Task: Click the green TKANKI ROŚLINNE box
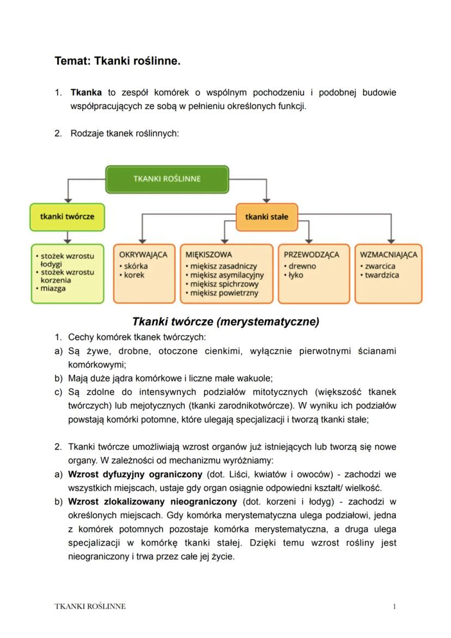[167, 179]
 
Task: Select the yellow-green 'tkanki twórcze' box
[67, 216]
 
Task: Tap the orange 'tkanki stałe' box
[266, 216]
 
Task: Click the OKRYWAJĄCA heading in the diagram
[143, 254]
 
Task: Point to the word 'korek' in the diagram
[134, 275]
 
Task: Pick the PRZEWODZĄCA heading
[312, 254]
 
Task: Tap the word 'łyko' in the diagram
[296, 275]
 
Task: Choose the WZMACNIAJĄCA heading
[388, 254]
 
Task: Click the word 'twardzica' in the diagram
[382, 275]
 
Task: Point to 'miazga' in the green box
[53, 288]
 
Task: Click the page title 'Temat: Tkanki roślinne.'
[117, 61]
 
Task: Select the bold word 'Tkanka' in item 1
[86, 93]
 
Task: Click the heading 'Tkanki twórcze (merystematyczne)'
[225, 321]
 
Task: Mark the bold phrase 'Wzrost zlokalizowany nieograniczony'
[153, 501]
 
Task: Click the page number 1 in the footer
[394, 606]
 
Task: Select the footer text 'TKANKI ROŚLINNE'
[90, 606]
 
